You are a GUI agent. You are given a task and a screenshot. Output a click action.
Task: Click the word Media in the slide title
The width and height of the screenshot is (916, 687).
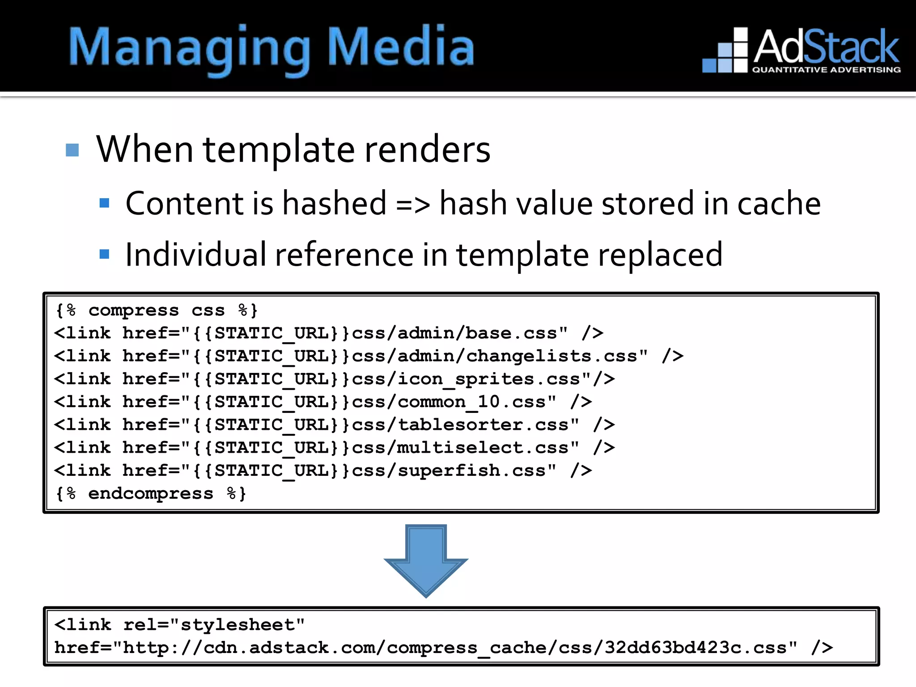401,47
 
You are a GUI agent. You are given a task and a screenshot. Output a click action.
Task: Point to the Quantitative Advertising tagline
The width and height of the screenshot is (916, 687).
826,70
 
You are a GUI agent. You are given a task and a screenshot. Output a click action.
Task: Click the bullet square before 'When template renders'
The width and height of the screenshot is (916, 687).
72,150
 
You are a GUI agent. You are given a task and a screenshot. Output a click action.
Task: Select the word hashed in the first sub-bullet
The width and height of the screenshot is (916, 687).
334,204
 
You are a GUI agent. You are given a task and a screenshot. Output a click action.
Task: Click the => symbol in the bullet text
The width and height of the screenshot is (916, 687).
413,205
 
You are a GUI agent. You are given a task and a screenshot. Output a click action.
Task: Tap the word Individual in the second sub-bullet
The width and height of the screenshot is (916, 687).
195,254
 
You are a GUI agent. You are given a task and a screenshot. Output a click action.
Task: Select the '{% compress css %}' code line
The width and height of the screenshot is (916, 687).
157,310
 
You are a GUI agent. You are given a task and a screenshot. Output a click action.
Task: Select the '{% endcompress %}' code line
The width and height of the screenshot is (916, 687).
151,493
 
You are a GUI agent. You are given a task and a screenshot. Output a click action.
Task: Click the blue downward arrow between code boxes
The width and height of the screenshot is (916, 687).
426,559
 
